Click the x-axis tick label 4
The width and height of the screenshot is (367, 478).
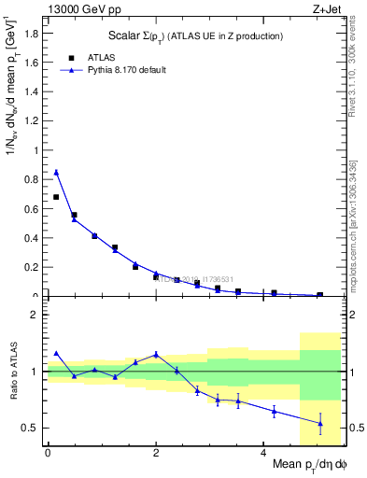(263, 452)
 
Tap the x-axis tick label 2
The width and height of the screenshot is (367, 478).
(155, 452)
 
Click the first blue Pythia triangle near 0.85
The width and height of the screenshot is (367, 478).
(56, 172)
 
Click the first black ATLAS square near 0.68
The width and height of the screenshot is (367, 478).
(56, 197)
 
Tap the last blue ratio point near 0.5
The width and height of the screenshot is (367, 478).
(320, 423)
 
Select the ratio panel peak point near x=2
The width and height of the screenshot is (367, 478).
(155, 354)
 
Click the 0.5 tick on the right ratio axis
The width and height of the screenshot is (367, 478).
(354, 428)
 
